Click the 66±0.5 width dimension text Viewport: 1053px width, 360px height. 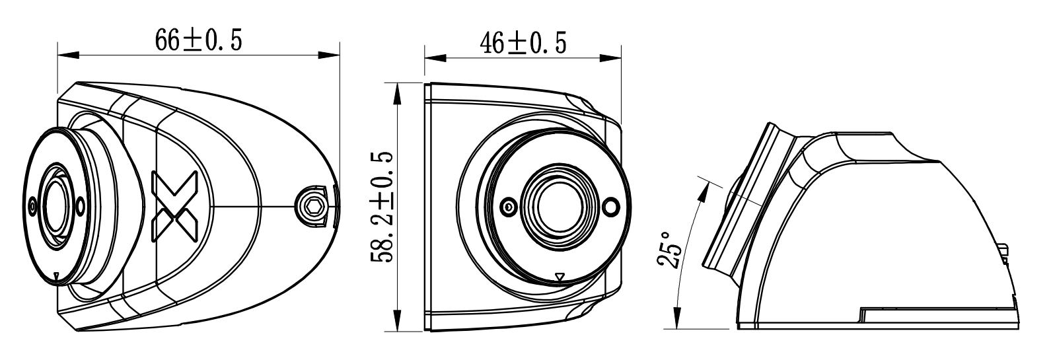tap(198, 41)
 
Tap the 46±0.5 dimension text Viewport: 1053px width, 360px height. tap(523, 44)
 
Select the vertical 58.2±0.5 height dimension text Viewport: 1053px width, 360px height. tap(381, 206)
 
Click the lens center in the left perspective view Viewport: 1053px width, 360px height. tap(55, 205)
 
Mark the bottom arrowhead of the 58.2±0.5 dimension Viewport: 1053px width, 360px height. tap(397, 321)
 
